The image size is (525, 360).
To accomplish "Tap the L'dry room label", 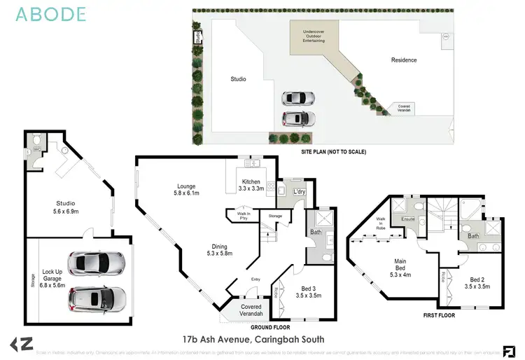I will [300, 192].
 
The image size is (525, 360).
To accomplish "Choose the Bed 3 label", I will [310, 291].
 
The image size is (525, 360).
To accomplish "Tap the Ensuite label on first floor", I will [408, 219].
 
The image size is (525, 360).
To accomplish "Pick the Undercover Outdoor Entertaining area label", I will [314, 36].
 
